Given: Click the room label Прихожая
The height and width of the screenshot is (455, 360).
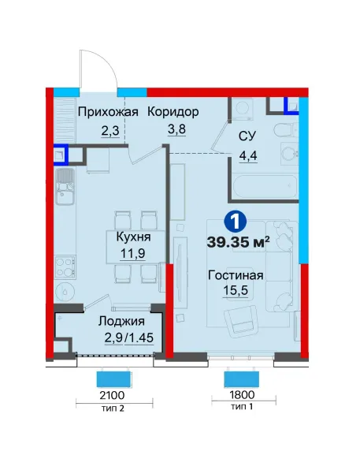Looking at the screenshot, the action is [x=108, y=112].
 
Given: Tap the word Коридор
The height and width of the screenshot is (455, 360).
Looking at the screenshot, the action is [x=173, y=111].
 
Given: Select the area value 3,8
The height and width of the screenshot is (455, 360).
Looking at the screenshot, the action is [x=176, y=129].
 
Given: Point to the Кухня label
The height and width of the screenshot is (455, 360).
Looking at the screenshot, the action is [x=134, y=237].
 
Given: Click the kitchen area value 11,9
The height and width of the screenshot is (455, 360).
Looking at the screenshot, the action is [x=133, y=253].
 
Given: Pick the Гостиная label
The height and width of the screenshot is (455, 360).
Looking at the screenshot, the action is [x=236, y=275].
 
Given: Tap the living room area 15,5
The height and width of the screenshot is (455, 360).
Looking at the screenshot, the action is [x=236, y=290].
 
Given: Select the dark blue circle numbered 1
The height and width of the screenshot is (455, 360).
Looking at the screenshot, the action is [x=236, y=222].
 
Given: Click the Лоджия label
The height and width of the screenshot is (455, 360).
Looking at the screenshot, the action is [x=121, y=321].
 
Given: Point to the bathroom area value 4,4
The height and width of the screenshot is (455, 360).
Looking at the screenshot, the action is [x=248, y=156].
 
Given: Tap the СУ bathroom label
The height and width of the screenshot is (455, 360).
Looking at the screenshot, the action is [x=247, y=136].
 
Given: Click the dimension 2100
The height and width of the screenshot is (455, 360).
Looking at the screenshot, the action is [x=112, y=395].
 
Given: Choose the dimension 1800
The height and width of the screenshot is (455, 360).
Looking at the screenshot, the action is [x=242, y=394].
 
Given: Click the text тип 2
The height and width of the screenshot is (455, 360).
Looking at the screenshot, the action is [x=113, y=408].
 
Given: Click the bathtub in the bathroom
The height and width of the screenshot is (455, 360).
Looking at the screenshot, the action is [x=265, y=186].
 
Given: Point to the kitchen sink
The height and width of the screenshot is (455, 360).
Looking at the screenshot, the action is [x=65, y=187].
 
